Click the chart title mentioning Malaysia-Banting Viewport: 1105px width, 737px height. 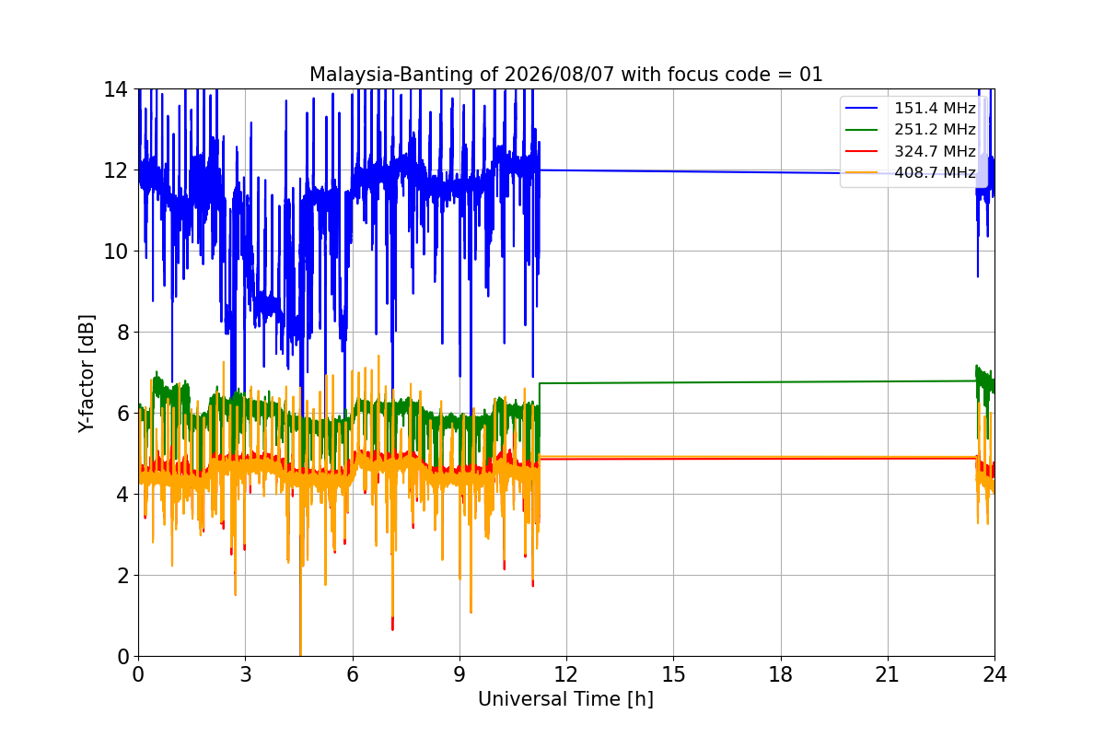pyautogui.click(x=565, y=75)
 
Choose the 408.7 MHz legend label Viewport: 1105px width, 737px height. pyautogui.click(x=935, y=172)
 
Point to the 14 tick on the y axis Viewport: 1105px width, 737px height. pyautogui.click(x=115, y=89)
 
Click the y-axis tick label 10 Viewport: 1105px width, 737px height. pyautogui.click(x=115, y=252)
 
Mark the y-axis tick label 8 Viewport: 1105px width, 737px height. pyautogui.click(x=122, y=333)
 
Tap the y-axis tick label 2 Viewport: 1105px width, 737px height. pyautogui.click(x=122, y=576)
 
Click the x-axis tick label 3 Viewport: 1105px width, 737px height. pyautogui.click(x=246, y=674)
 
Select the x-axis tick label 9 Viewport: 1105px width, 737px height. pyautogui.click(x=459, y=674)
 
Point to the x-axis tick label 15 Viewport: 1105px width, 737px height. pyautogui.click(x=673, y=674)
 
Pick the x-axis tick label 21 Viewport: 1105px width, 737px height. pyautogui.click(x=888, y=674)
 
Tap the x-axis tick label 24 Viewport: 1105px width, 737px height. pyautogui.click(x=994, y=674)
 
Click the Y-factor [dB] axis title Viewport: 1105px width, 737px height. pyautogui.click(x=87, y=374)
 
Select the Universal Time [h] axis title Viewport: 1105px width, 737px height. pyautogui.click(x=565, y=699)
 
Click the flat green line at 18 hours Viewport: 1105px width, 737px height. pyautogui.click(x=781, y=382)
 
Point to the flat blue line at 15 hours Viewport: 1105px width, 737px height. pyautogui.click(x=673, y=171)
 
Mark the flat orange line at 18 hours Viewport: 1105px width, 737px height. pyautogui.click(x=781, y=457)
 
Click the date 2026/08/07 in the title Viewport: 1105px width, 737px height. pyautogui.click(x=559, y=75)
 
